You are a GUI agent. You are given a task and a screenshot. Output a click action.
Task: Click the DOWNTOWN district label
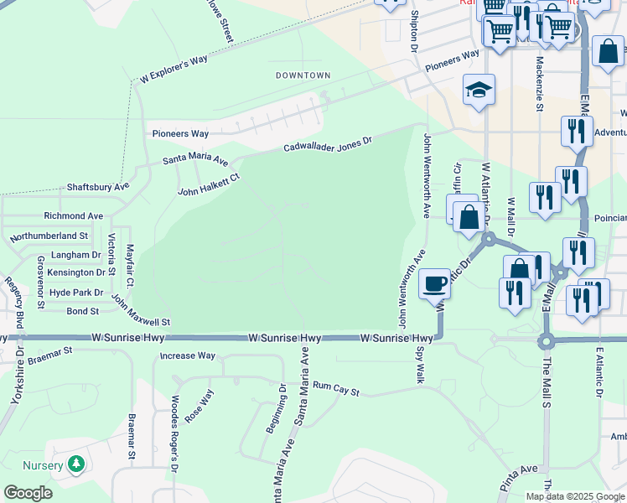click(303, 75)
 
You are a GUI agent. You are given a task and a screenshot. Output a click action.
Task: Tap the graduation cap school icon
click(479, 91)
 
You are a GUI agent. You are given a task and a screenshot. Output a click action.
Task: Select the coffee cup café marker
click(434, 284)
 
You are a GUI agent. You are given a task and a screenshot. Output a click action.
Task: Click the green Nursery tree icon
click(76, 464)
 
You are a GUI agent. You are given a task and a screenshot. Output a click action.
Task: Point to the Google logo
click(28, 493)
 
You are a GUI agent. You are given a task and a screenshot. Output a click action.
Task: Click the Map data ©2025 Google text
click(575, 496)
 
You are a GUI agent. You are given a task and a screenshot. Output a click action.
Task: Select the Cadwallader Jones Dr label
click(327, 145)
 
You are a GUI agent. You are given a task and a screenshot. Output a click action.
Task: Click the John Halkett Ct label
click(209, 184)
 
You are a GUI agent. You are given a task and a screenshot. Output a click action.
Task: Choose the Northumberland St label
click(49, 236)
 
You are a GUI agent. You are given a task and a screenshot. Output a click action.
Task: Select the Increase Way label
click(188, 355)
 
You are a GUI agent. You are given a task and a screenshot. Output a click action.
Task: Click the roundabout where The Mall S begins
click(547, 341)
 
